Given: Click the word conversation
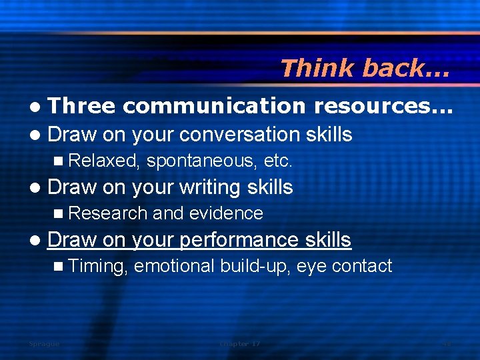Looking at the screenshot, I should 242,134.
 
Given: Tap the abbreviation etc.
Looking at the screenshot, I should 279,161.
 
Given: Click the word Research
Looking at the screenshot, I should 108,213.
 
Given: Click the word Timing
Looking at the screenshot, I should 97,266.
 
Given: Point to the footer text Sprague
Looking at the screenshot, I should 44,344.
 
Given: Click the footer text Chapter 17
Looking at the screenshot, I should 240,344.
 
